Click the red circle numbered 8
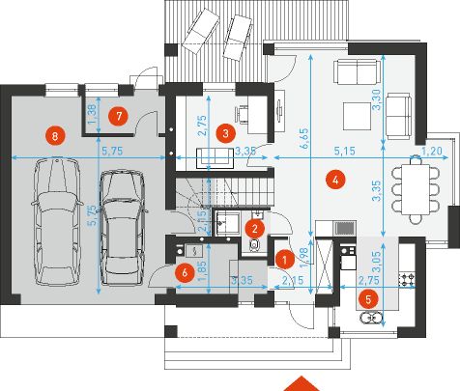55,136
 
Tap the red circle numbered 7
119,116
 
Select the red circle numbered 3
225,133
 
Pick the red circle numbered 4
335,180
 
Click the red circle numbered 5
368,299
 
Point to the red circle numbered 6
185,273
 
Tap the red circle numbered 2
255,229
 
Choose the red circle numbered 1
284,260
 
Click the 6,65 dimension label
304,139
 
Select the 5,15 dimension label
345,151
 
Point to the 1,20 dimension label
432,151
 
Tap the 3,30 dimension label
377,99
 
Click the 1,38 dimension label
92,115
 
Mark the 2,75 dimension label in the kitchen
369,280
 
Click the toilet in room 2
255,245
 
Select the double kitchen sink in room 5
372,318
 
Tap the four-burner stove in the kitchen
407,279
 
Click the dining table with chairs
416,190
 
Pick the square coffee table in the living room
357,116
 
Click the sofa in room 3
216,158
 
